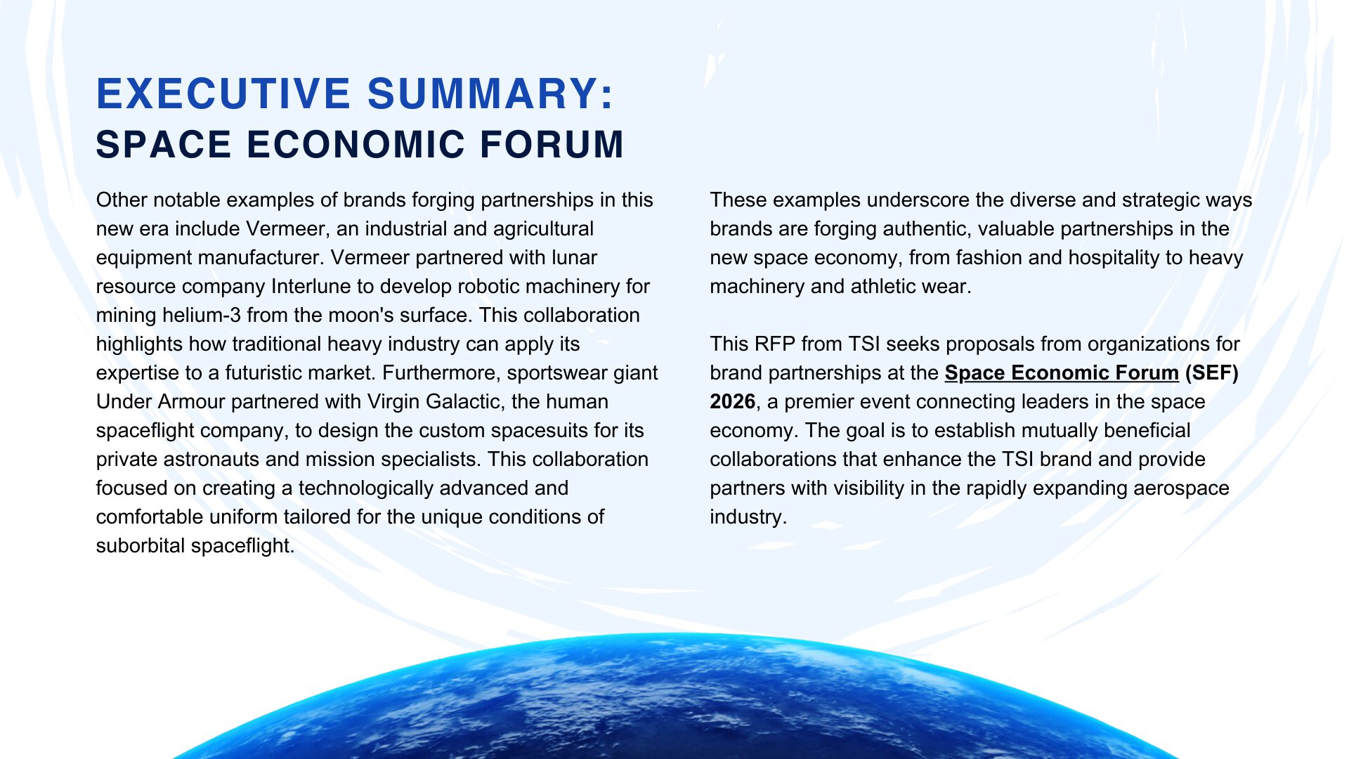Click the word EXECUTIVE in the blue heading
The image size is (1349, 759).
click(x=223, y=94)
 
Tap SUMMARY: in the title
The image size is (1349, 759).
click(x=490, y=94)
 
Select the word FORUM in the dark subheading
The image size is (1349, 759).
click(x=552, y=145)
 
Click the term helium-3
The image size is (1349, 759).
click(x=202, y=316)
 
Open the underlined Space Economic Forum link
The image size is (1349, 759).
click(x=1062, y=373)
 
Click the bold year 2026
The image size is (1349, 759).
click(x=733, y=402)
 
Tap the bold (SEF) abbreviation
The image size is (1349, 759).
click(x=1211, y=373)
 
